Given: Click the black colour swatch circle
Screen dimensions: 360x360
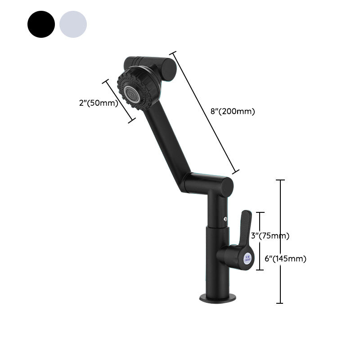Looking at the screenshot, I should (41, 24).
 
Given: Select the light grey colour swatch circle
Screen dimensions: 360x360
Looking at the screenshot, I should (73, 24).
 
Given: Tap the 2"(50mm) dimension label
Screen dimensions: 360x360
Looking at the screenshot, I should (98, 103).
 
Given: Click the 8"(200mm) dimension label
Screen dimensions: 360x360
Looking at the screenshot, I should (233, 112).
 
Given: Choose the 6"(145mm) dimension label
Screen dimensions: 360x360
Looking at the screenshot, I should (285, 259).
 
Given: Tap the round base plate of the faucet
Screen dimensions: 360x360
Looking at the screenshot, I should (218, 297).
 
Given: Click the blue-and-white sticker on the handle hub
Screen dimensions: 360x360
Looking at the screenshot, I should (247, 259).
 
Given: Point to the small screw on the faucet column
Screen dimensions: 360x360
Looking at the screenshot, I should (225, 220).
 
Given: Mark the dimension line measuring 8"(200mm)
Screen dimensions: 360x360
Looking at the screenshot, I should (204, 112).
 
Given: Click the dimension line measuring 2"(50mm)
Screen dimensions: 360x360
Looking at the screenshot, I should (119, 101).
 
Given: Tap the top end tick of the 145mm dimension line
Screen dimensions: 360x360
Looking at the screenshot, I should (280, 180).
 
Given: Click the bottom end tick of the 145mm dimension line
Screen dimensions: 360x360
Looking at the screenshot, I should (280, 303).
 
